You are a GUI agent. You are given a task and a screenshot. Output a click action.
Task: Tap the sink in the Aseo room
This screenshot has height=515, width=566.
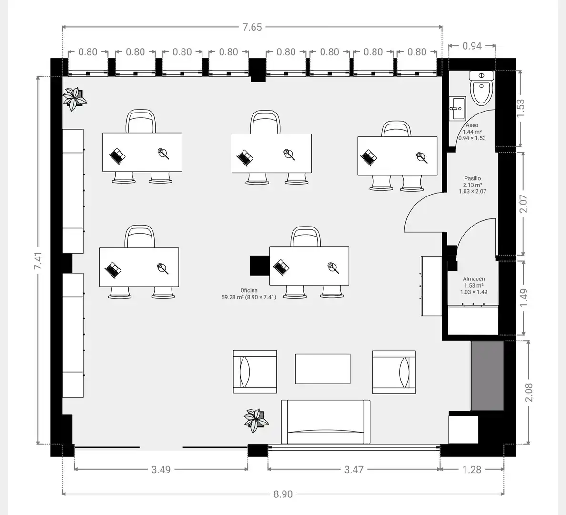[x=458, y=108]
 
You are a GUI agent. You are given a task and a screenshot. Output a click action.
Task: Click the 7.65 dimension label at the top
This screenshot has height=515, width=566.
[x=252, y=27]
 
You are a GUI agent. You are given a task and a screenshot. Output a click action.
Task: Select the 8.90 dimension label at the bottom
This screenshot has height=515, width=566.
[x=283, y=494]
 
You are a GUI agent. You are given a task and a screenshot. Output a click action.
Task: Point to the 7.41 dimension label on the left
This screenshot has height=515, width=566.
[x=38, y=260]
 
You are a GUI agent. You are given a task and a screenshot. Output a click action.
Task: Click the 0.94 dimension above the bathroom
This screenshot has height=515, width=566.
[x=472, y=46]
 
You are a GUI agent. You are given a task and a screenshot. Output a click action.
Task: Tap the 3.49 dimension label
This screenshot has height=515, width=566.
[x=161, y=470]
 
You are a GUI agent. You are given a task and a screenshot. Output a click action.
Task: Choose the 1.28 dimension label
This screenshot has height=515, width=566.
[x=472, y=470]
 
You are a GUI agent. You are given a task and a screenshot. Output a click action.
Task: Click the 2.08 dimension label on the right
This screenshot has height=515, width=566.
[x=529, y=392]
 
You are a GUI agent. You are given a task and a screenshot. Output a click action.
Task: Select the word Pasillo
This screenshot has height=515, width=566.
[x=473, y=178]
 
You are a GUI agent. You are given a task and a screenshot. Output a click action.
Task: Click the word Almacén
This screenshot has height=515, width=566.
[x=474, y=279]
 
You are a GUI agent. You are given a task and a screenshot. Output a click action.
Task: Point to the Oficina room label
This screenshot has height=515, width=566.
[x=249, y=290]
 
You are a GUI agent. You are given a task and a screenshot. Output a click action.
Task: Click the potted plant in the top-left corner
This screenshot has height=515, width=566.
[x=74, y=98]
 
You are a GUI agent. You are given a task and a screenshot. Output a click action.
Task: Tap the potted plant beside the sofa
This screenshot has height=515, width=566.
[x=256, y=420]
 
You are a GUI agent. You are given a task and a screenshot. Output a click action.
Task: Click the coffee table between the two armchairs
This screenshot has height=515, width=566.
[x=323, y=369]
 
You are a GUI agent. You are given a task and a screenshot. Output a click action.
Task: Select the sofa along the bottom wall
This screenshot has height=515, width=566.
[x=325, y=422]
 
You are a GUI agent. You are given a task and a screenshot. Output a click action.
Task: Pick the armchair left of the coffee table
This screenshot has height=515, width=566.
[x=255, y=372]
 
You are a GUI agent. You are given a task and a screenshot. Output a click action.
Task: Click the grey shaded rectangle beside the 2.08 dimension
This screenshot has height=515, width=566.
[x=486, y=376]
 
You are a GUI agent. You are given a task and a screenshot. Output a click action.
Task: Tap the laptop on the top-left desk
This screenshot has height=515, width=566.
[x=117, y=156]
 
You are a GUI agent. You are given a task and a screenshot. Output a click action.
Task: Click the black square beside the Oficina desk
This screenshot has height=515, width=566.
[x=260, y=265]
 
